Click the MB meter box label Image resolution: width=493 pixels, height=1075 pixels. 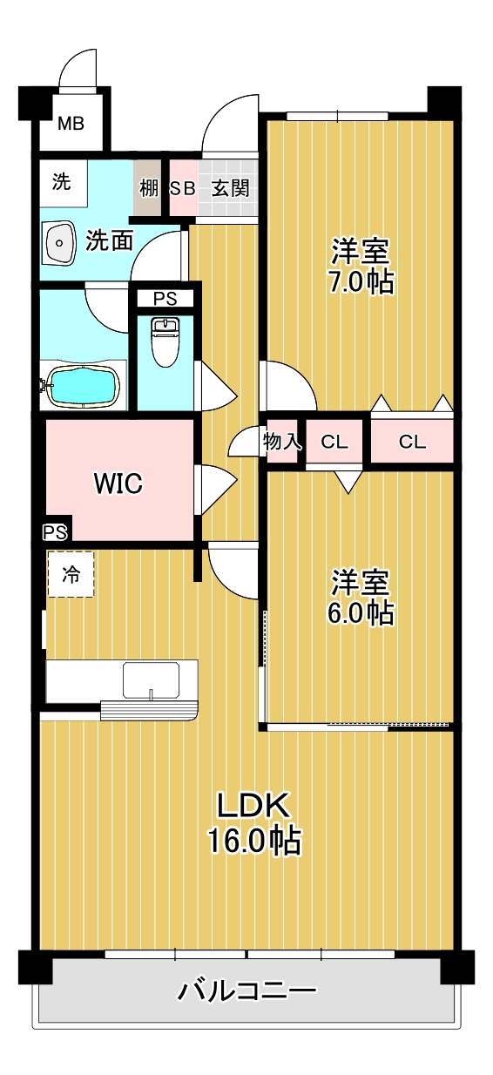click(71, 124)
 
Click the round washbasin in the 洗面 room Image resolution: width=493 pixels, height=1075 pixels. click(60, 241)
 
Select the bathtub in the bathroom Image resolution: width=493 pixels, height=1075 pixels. click(82, 386)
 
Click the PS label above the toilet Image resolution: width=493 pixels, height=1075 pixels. click(165, 299)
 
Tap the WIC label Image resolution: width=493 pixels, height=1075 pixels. click(118, 483)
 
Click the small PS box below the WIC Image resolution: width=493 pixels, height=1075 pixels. click(54, 531)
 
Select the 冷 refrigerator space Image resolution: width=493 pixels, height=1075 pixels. click(70, 575)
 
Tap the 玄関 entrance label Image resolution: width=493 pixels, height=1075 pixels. click(231, 187)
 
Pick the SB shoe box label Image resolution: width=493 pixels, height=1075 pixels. click(182, 187)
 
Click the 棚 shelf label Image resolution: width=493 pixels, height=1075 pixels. click(147, 187)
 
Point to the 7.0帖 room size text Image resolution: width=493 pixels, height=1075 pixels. click(360, 282)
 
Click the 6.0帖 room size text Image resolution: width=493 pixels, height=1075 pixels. click(360, 612)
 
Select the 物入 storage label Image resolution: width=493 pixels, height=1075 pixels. click(283, 442)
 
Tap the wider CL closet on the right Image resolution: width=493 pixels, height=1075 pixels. click(413, 442)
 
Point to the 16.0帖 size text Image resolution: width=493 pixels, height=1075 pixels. click(253, 841)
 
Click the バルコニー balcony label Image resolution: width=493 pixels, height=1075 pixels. click(246, 991)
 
